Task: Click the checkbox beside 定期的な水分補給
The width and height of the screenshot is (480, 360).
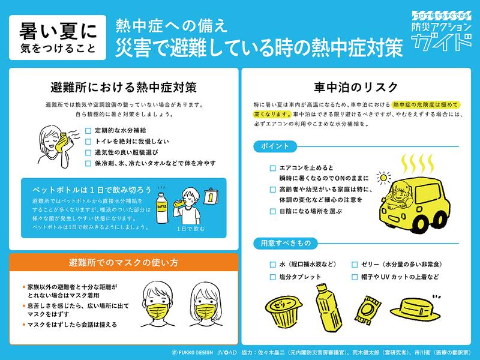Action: (x=88, y=131)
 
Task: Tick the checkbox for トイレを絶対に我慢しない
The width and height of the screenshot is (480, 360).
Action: (x=88, y=142)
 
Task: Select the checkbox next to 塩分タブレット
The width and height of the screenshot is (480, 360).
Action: (x=273, y=277)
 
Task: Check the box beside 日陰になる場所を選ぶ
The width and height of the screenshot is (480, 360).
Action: (x=273, y=211)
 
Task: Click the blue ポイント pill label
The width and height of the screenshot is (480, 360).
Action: (x=275, y=146)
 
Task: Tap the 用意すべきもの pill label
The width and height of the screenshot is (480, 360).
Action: (x=286, y=244)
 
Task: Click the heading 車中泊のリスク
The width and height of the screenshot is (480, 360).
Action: (x=356, y=87)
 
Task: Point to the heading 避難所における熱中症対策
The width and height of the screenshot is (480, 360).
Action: (x=124, y=87)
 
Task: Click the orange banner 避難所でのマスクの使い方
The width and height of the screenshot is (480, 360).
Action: (x=124, y=262)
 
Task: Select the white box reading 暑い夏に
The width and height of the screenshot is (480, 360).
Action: (x=58, y=37)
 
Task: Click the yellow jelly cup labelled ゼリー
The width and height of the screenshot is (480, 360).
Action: (x=283, y=311)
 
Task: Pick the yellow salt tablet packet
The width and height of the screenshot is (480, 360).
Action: (x=367, y=310)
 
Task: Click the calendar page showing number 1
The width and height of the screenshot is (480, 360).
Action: (x=211, y=197)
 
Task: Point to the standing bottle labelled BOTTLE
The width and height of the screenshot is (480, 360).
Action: (x=161, y=208)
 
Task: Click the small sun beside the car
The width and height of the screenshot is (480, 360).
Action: (x=383, y=178)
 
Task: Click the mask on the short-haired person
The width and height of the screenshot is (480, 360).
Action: (x=157, y=311)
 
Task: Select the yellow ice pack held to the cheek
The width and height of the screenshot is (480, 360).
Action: (x=62, y=142)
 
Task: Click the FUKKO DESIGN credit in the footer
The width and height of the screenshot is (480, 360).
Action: (x=192, y=353)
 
